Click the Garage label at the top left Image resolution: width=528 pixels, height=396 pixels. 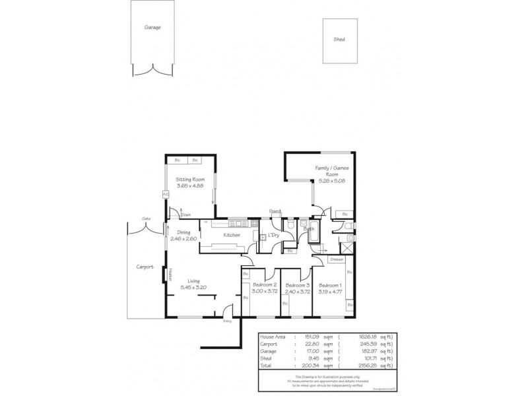click(152, 28)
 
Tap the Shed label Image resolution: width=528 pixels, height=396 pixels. click(339, 40)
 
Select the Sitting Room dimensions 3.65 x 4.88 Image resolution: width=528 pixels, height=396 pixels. click(189, 185)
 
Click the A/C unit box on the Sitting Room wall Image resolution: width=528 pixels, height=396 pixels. click(165, 195)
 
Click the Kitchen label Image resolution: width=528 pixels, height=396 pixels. click(231, 235)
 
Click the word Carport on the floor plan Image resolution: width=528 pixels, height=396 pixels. click(145, 267)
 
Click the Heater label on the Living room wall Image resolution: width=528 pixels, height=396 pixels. click(170, 273)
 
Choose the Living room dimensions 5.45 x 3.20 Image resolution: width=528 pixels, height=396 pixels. click(194, 287)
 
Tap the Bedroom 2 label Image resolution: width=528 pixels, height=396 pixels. click(265, 284)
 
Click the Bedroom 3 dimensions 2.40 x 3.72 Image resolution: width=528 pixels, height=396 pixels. click(297, 291)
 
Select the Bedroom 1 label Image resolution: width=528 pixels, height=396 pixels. click(329, 284)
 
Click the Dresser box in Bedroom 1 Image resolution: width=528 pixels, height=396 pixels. click(337, 259)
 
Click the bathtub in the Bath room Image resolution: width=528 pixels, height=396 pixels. click(313, 233)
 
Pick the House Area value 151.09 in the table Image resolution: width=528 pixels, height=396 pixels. click(312, 337)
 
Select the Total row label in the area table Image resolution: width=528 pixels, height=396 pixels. click(267, 365)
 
